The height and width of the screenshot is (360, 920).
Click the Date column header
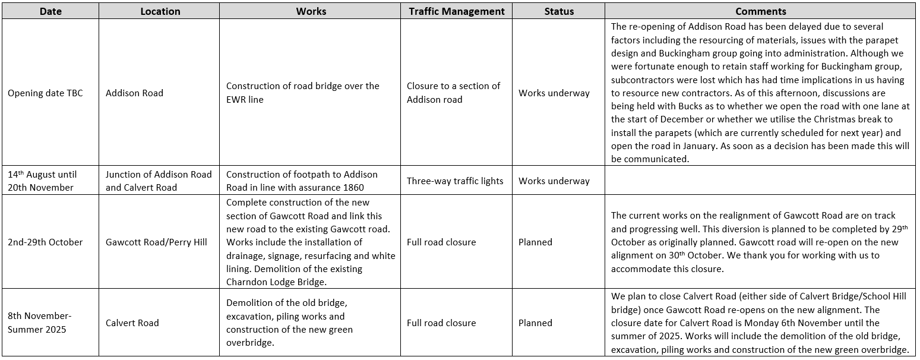(50, 11)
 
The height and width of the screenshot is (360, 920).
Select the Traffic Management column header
(456, 11)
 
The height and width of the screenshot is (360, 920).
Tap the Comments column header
(760, 11)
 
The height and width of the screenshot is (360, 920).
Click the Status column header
(559, 11)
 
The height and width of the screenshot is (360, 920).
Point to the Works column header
(311, 11)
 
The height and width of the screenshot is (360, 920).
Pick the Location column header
(161, 11)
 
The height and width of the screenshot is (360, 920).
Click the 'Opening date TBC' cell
(45, 93)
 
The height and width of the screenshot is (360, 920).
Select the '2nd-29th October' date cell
(45, 242)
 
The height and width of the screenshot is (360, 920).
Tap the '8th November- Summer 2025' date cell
(40, 323)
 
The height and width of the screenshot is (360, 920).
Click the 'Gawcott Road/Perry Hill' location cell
(156, 242)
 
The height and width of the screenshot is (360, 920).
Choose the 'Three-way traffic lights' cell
(455, 181)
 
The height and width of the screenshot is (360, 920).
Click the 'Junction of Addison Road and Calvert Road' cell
(159, 181)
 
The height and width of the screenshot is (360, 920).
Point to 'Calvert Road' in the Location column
(132, 323)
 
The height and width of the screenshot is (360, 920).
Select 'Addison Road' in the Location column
(134, 93)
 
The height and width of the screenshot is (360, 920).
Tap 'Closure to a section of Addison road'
(453, 93)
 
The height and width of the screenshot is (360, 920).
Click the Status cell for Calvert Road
(535, 323)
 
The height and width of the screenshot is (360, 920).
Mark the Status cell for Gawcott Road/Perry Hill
(535, 242)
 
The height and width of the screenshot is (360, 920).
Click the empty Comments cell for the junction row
(760, 181)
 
